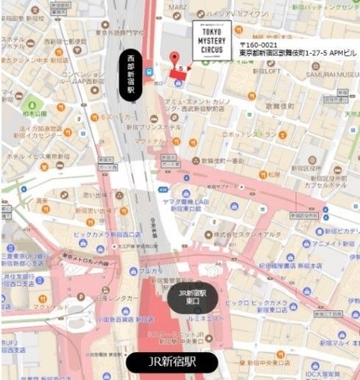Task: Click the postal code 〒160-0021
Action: click(x=260, y=45)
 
